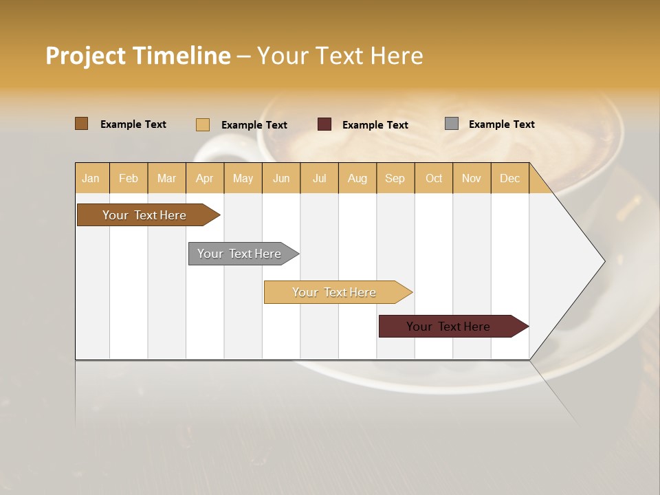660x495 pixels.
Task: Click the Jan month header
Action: (91, 178)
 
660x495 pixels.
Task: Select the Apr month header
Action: (204, 178)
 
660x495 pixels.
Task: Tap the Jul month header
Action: (319, 178)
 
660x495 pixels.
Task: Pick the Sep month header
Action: (395, 178)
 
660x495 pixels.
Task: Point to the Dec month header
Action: (509, 178)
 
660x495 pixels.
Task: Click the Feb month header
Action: (129, 178)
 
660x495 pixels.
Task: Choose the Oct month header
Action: (434, 178)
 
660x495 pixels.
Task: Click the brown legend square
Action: (82, 124)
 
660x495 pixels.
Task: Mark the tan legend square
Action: (203, 124)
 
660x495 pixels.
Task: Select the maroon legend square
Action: (324, 124)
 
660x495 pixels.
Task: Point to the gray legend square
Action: (452, 124)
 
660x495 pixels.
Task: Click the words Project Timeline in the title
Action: (138, 56)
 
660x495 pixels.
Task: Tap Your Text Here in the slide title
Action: (340, 56)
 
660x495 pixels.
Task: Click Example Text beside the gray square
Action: (501, 124)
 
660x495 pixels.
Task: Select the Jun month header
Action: (281, 178)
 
